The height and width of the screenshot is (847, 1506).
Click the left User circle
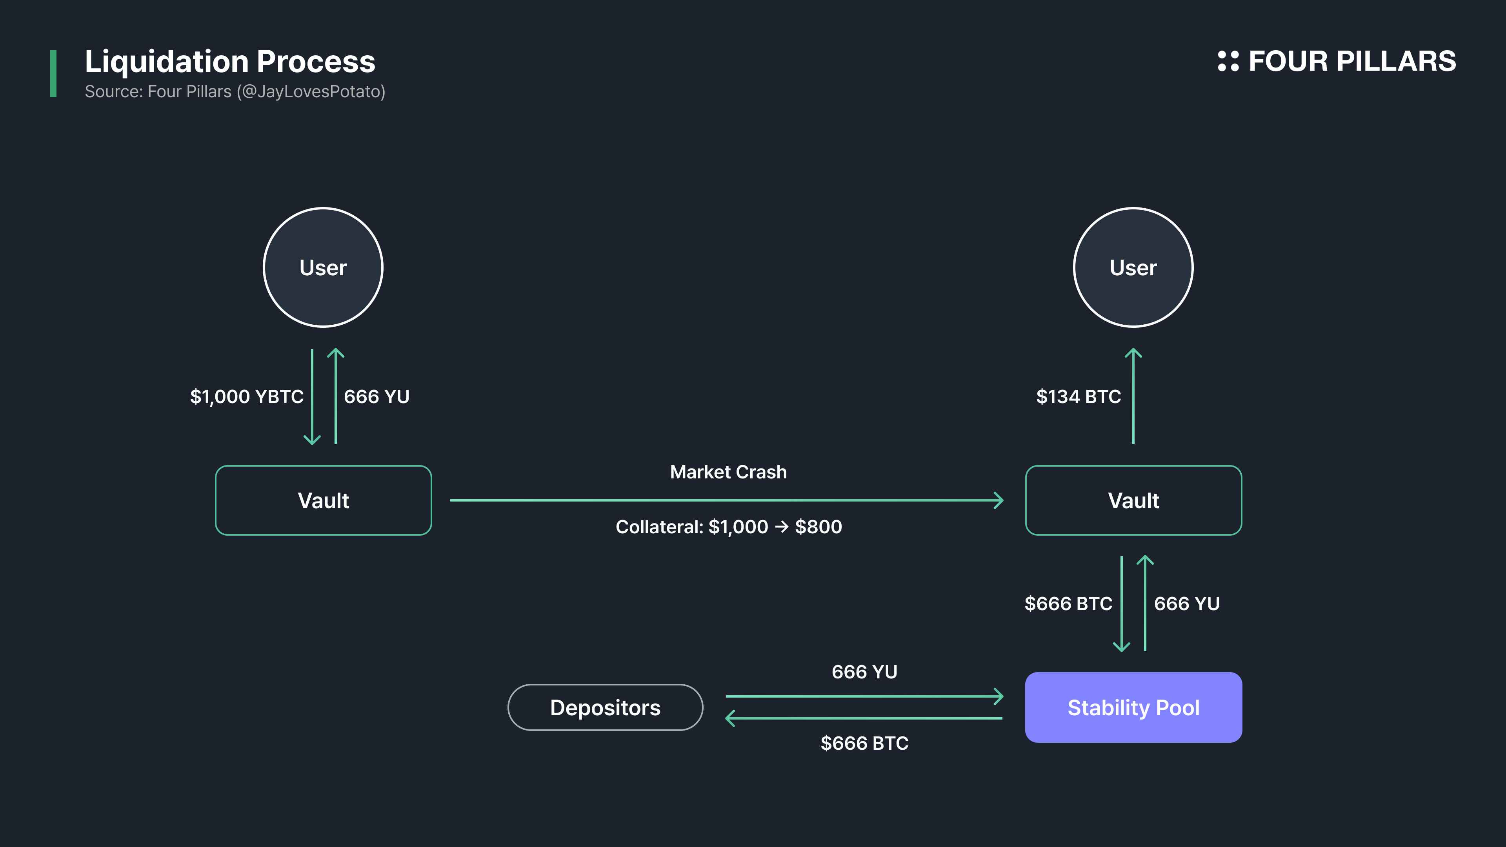coord(323,267)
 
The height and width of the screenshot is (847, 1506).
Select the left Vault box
coord(323,500)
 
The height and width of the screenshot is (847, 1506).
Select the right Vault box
coord(1133,500)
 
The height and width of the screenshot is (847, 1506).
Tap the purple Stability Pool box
coord(1133,707)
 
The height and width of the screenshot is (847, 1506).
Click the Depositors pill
coord(605,707)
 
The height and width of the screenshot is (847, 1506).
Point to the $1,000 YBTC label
coord(247,396)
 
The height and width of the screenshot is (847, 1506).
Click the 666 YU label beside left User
coord(376,396)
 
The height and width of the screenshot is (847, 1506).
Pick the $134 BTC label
coord(1078,396)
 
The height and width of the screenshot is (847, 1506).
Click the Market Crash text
coord(728,472)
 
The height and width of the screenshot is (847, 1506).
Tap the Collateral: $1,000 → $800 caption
coord(728,527)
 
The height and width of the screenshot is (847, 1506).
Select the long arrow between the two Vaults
coord(725,500)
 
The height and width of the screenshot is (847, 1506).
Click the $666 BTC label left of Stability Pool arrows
coord(1068,603)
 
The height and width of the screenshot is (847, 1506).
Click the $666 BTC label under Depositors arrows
coord(864,743)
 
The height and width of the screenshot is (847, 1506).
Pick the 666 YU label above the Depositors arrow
coord(864,672)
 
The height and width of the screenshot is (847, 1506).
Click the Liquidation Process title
coord(230,62)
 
